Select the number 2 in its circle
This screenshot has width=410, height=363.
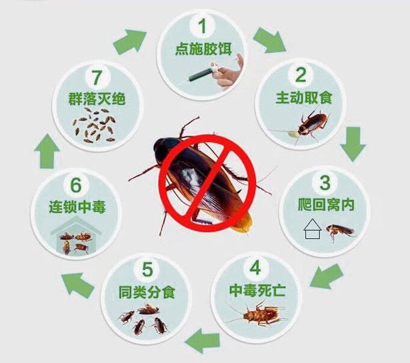coord(301,73)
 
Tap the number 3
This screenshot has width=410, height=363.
coord(325,181)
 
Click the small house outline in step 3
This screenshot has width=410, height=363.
coord(310,231)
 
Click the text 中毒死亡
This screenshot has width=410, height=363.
coord(255,291)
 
